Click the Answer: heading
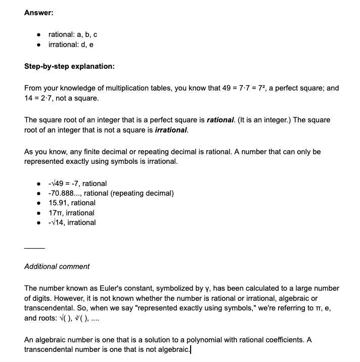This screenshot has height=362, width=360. pos(38,13)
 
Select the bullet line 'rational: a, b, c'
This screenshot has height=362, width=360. pos(72,34)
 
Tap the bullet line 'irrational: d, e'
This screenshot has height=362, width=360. pos(71,44)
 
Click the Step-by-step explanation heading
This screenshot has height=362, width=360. pos(69,66)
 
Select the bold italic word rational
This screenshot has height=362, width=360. pos(220,120)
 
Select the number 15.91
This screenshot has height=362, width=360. pos(59,203)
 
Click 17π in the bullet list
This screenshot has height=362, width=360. pos(55,213)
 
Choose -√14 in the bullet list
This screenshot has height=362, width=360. pos(57,222)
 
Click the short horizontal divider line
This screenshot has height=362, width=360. pos(34,248)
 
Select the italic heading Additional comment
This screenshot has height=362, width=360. pos(57,266)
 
